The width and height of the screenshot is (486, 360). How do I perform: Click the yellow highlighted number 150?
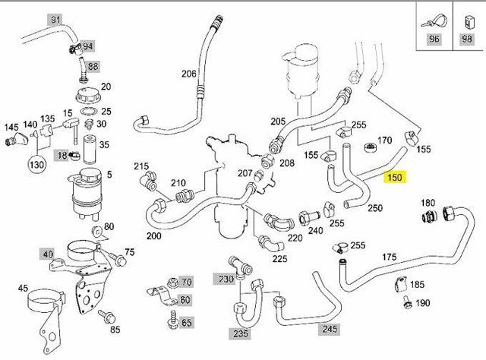[x=395, y=178]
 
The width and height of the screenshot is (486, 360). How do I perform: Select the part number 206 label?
[x=188, y=74]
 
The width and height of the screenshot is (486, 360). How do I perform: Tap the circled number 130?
[x=36, y=166]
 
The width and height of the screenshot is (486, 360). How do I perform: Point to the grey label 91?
[x=55, y=19]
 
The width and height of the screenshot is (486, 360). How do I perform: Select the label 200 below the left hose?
[x=154, y=236]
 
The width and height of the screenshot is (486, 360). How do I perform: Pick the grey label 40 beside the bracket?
[x=48, y=254]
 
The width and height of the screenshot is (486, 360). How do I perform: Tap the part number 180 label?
[x=428, y=203]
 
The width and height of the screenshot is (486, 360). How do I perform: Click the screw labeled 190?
[x=408, y=305]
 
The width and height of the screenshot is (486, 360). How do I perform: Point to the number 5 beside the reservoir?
[x=109, y=174]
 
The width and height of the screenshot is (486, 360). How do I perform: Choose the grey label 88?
[x=93, y=67]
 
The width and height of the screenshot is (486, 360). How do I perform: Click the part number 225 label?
[x=279, y=258]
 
